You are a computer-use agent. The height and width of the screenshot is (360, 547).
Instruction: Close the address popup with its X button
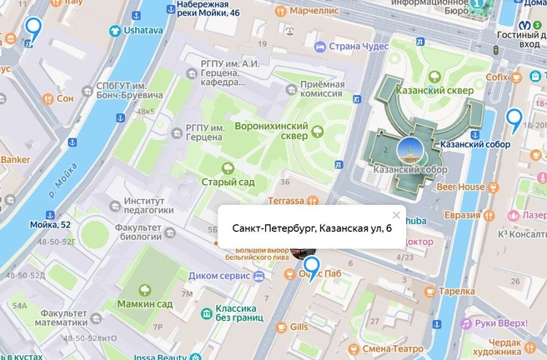pyautogui.click(x=396, y=214)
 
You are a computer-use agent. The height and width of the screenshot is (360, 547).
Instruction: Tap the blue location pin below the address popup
pyautogui.click(x=312, y=267)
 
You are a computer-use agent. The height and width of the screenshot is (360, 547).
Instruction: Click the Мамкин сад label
pyautogui.click(x=143, y=305)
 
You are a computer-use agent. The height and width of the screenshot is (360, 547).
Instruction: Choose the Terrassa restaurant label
pyautogui.click(x=286, y=200)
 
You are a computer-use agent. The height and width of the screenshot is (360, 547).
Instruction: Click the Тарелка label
pyautogui.click(x=456, y=292)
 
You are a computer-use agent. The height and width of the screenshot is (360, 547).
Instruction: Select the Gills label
pyautogui.click(x=299, y=327)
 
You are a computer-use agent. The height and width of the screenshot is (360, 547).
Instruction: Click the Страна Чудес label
pyautogui.click(x=358, y=46)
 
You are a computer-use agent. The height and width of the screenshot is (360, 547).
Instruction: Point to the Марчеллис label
pyautogui.click(x=313, y=12)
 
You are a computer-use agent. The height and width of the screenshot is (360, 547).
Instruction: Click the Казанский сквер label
pyautogui.click(x=444, y=88)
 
